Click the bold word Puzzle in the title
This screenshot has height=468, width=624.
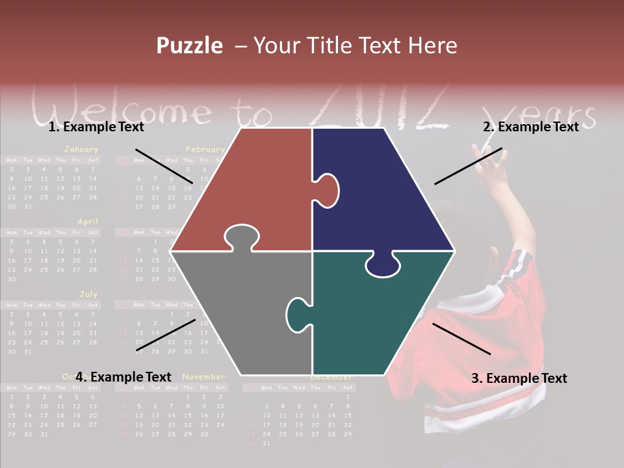tap(189, 45)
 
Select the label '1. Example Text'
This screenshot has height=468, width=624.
tap(96, 127)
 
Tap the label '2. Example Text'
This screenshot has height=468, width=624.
tap(530, 127)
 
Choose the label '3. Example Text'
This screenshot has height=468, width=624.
tap(519, 378)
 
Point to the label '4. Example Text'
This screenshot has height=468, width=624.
tap(123, 377)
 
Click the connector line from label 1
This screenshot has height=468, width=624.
tap(164, 166)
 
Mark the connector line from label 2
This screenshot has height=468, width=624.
tap(468, 166)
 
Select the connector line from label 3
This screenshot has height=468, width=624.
tap(461, 339)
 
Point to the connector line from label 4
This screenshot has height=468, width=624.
tap(166, 335)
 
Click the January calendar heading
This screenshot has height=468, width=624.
tap(81, 149)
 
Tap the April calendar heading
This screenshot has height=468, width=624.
tap(88, 222)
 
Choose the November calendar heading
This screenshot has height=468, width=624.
tap(203, 376)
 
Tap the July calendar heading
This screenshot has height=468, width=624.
tap(88, 294)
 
